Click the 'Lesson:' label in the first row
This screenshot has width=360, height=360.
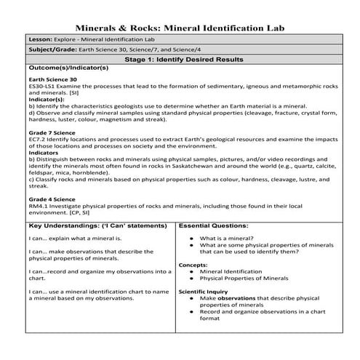[x=39, y=39]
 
